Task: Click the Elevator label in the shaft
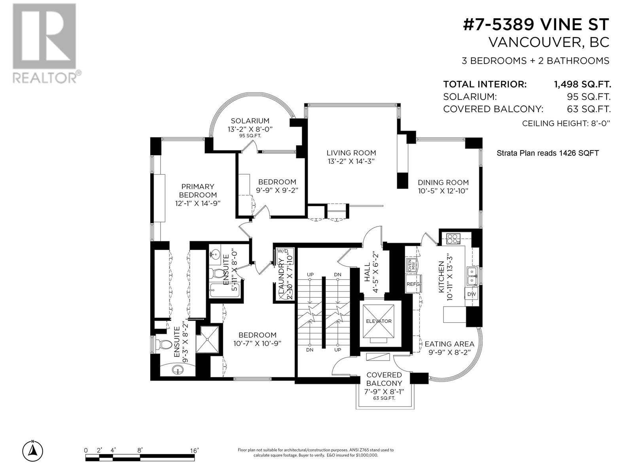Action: point(379,321)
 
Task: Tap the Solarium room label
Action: point(250,121)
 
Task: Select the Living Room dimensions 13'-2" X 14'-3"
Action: point(351,161)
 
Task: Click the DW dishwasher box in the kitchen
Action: point(471,294)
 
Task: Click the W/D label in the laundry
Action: point(283,251)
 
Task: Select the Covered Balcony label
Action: point(384,379)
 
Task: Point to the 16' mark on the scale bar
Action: point(194,450)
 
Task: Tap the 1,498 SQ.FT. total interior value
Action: point(582,84)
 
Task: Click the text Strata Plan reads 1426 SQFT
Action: point(548,153)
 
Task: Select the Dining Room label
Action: point(443,182)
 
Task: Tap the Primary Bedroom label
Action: point(198,190)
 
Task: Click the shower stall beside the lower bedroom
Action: point(208,339)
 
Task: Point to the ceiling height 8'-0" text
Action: point(566,123)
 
